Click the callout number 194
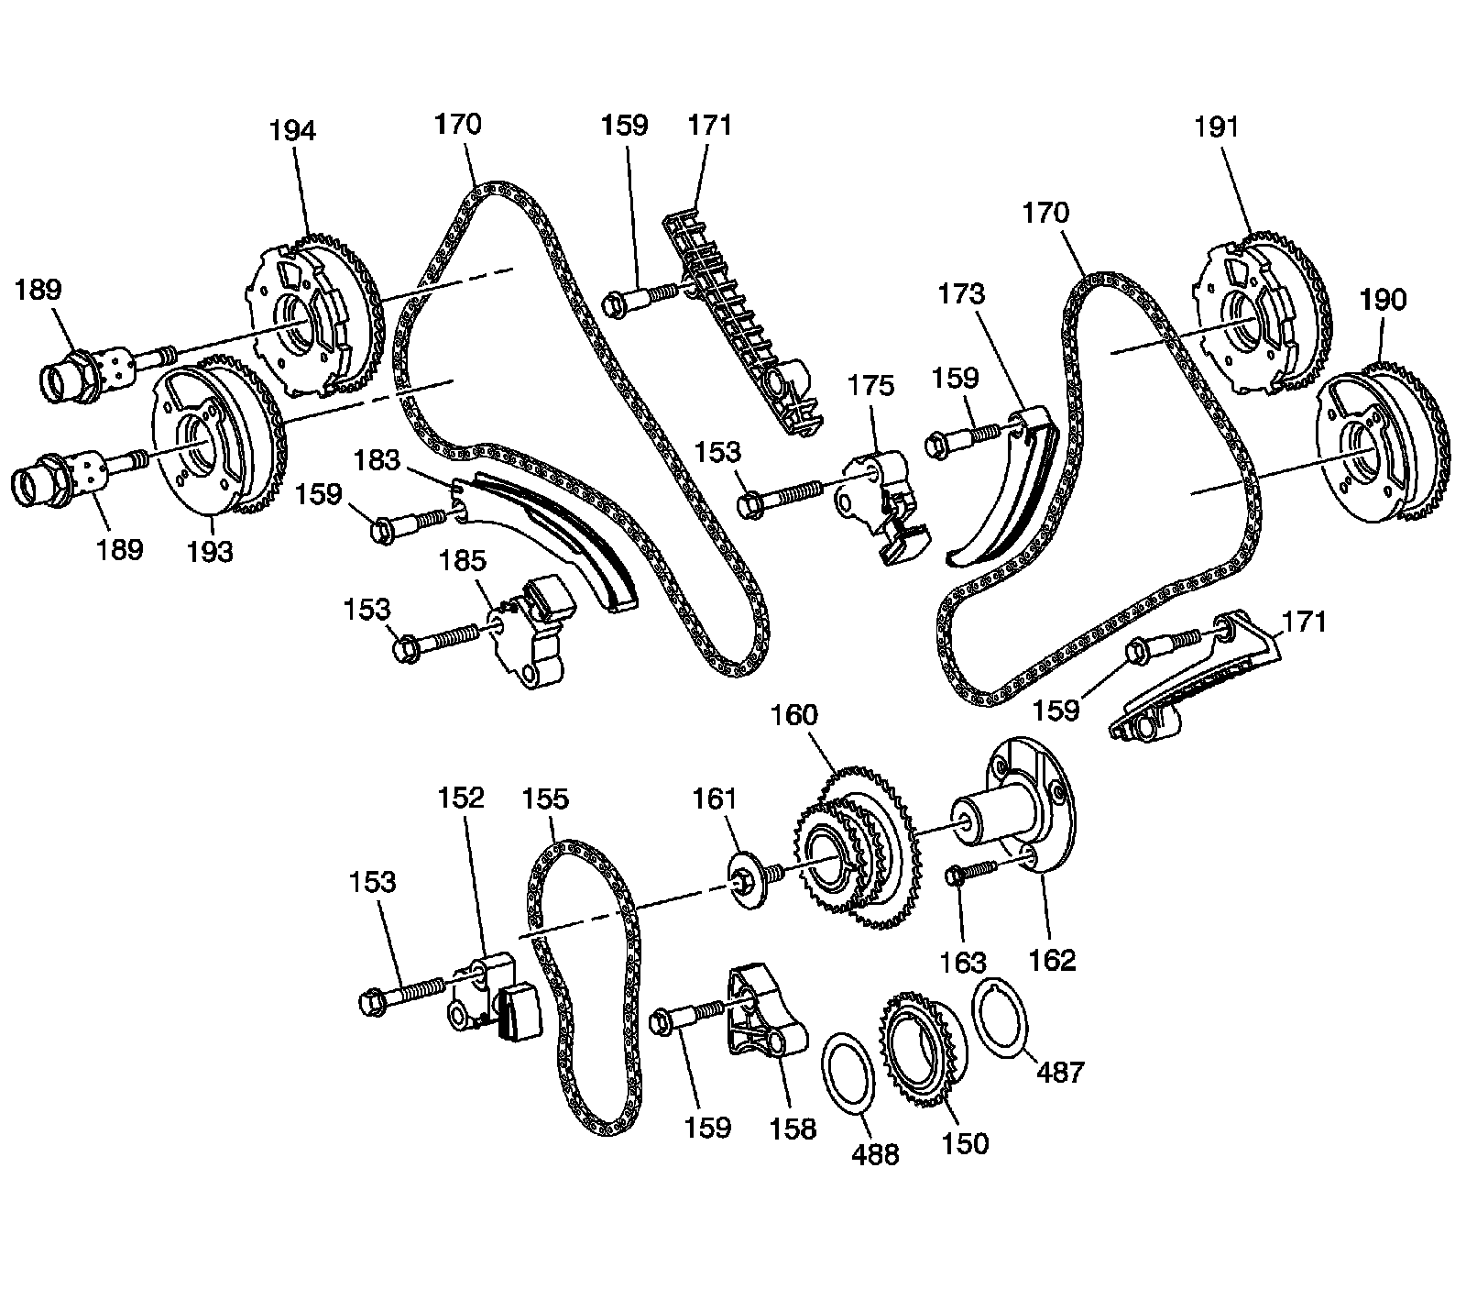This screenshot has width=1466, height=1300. coord(291,131)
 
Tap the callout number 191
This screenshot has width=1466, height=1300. coord(1216,127)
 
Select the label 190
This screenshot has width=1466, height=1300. coord(1383,300)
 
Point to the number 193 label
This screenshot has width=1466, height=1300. coord(210,551)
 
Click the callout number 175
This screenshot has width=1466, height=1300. coord(870,385)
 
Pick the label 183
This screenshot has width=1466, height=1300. coord(377,459)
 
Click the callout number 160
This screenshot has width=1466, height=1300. coord(793,714)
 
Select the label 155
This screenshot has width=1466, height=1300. coord(545,799)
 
